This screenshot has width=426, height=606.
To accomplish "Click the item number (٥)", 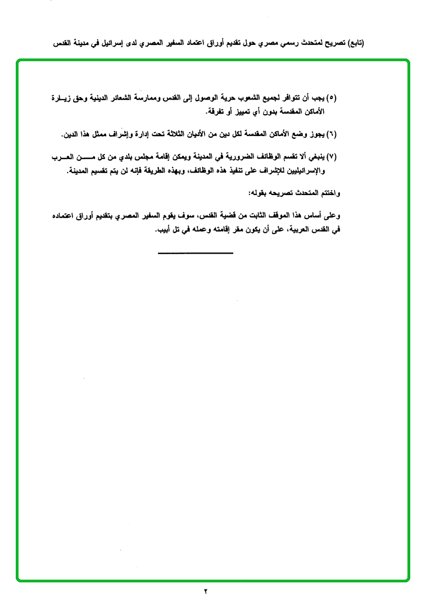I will (x=331, y=98).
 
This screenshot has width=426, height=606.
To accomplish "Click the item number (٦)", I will (x=331, y=134).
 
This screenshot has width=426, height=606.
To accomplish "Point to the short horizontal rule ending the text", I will (x=196, y=253).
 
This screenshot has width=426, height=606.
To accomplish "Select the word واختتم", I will (x=328, y=193).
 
